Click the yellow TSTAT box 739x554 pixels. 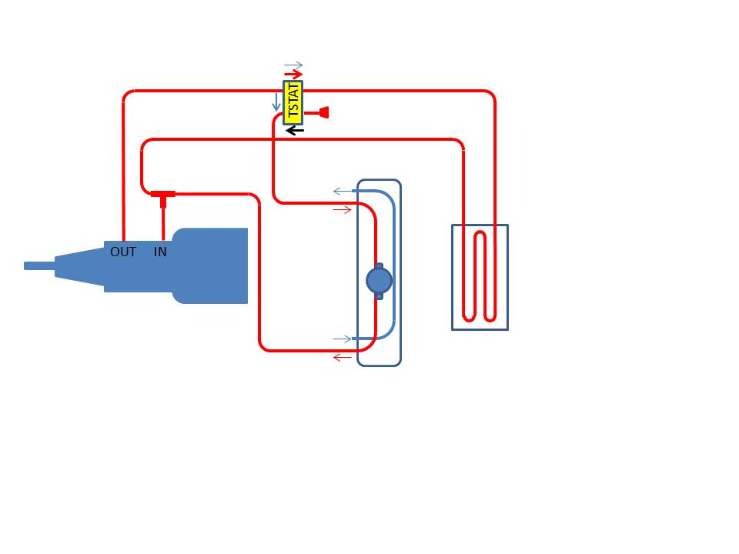(293, 102)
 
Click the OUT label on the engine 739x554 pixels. (123, 252)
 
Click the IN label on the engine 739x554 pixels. (160, 252)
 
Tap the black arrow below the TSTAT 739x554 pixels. (295, 130)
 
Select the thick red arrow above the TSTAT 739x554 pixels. (293, 74)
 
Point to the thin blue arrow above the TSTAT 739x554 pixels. (293, 65)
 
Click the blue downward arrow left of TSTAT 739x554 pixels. (276, 102)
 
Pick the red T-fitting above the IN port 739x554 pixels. (163, 198)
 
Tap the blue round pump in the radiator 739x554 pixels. (379, 281)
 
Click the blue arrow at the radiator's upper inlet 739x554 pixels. (342, 192)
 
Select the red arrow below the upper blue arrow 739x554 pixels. (342, 209)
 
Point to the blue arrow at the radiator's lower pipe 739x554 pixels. (342, 339)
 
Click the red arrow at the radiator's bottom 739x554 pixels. (342, 358)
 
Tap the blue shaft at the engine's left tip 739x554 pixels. (39, 266)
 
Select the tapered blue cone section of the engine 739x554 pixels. (79, 266)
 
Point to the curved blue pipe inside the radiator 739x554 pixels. (394, 265)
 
